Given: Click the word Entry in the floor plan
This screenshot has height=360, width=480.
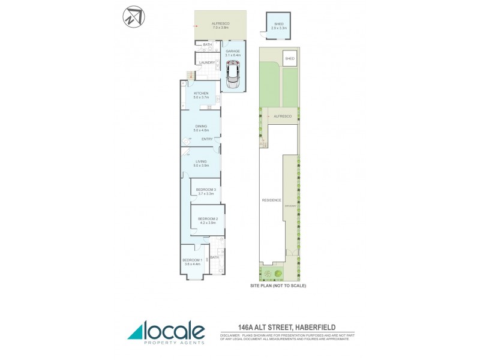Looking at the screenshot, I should pyautogui.click(x=208, y=139).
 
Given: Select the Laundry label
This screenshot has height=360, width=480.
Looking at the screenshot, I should pyautogui.click(x=207, y=62).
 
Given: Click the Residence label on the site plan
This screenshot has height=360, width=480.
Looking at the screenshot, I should pyautogui.click(x=271, y=200).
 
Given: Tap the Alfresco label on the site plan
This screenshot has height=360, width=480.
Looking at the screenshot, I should pyautogui.click(x=282, y=116).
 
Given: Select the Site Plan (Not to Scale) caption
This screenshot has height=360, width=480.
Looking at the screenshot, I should pyautogui.click(x=278, y=286).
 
